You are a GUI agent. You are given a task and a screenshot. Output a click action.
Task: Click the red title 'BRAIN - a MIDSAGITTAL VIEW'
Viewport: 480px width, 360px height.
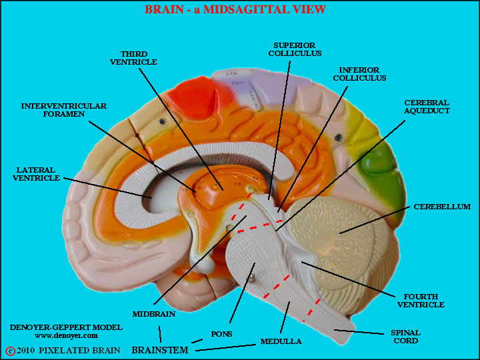click(x=235, y=9)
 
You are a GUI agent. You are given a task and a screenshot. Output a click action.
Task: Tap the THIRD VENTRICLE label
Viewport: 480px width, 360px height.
click(x=133, y=58)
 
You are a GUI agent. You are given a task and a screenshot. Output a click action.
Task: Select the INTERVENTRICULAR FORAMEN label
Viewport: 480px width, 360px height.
click(x=64, y=110)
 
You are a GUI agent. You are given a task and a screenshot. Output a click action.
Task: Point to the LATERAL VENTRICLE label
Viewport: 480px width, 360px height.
click(x=36, y=174)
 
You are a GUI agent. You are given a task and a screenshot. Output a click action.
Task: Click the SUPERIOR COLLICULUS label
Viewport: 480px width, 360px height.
click(x=295, y=49)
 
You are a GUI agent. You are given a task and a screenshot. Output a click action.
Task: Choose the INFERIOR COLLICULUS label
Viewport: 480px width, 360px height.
click(x=359, y=74)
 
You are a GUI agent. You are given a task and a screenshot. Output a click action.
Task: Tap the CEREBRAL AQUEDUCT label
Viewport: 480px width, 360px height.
click(x=427, y=107)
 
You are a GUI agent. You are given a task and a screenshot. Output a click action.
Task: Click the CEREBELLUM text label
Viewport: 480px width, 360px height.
click(x=442, y=207)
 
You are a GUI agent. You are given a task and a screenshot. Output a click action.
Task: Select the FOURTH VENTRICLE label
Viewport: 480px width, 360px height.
click(x=421, y=301)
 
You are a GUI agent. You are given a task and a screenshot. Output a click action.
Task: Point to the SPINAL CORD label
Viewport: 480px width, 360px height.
click(x=405, y=337)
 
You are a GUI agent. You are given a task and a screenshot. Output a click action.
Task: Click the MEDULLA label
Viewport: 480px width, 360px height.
click(x=281, y=341)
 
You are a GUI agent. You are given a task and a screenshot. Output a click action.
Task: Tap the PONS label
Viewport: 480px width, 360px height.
click(x=221, y=334)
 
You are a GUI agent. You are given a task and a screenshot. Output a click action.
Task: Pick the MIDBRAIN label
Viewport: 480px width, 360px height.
click(x=154, y=314)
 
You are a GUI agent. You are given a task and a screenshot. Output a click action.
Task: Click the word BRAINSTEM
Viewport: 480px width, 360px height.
click(x=160, y=350)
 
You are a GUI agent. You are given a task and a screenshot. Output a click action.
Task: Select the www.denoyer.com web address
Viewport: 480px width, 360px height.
click(x=66, y=335)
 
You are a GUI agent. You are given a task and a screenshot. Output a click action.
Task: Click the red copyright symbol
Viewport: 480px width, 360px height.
click(x=10, y=351)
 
